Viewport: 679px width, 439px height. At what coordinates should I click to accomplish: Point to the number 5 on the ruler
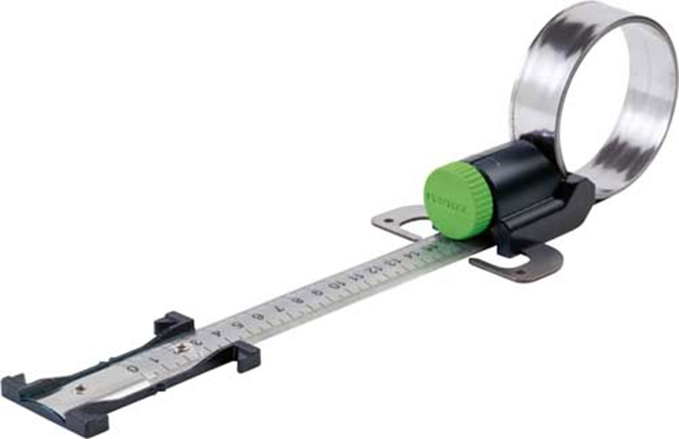(238, 325)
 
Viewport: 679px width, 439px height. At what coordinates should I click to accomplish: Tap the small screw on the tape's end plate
(79, 389)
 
